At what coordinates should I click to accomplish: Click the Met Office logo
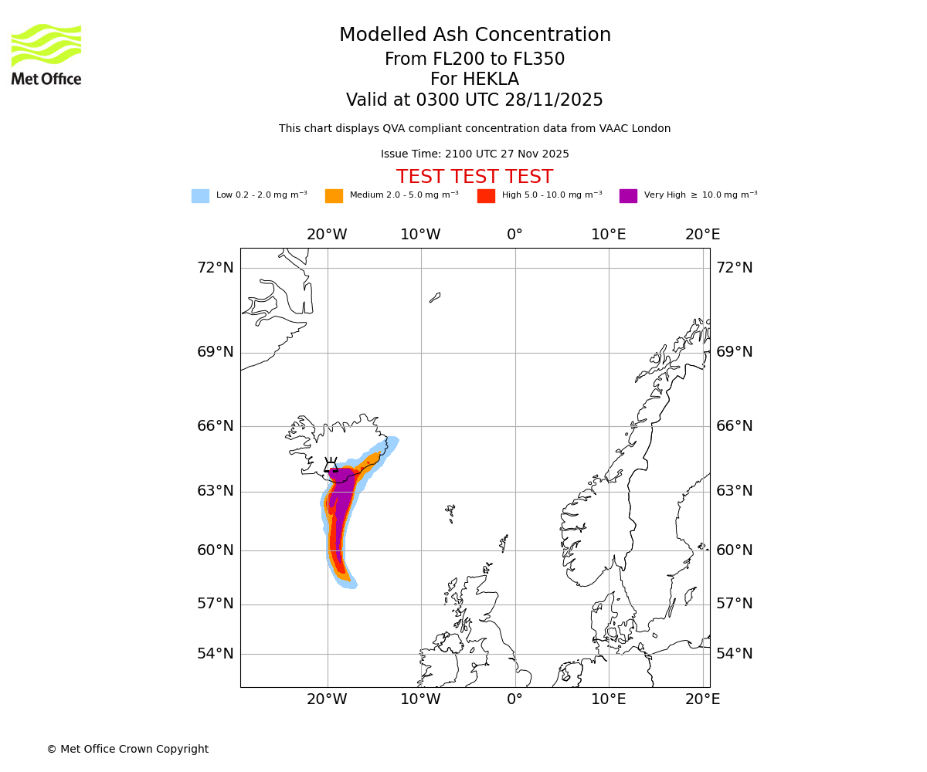pos(46,54)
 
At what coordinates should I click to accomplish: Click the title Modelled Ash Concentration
pos(474,36)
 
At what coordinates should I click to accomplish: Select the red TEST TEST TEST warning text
pos(474,178)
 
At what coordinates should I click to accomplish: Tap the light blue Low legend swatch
pos(200,196)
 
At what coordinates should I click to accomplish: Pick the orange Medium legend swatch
pos(334,196)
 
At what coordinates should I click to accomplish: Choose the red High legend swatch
pos(486,196)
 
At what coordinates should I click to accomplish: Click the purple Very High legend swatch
pos(628,196)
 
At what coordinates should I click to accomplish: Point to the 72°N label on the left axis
pos(215,268)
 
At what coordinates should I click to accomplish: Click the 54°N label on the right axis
pos(734,654)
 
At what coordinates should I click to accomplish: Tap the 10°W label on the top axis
pos(420,235)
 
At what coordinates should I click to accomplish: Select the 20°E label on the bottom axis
pos(702,699)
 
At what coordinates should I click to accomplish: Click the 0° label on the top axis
pos(514,235)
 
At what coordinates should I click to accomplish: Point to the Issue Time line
pos(474,154)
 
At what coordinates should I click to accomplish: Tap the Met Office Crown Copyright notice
pos(127,750)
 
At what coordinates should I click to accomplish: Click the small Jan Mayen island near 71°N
pos(435,297)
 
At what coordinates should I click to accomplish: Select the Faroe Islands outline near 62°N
pos(450,512)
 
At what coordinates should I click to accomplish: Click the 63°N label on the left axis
pos(215,491)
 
